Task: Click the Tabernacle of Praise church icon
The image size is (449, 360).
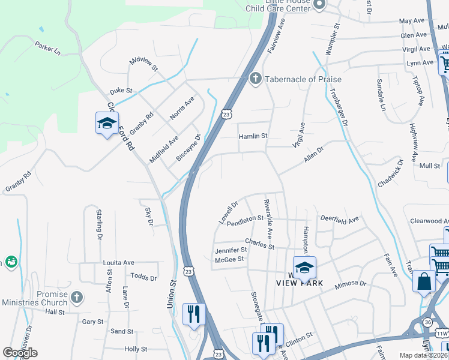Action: (x=255, y=79)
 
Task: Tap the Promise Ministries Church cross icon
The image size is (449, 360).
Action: (x=76, y=297)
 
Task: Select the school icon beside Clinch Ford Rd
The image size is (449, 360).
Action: (x=107, y=124)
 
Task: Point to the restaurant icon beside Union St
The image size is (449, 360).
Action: (x=194, y=314)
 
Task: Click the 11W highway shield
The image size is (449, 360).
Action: (x=442, y=333)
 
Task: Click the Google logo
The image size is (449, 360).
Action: (x=20, y=353)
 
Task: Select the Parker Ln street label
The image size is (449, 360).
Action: (x=48, y=48)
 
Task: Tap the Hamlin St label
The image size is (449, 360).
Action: (x=253, y=136)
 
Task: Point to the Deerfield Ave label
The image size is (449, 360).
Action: (x=339, y=219)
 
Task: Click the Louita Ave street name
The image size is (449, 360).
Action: (x=118, y=263)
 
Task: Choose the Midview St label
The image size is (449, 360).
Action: (x=143, y=64)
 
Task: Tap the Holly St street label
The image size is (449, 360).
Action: (x=136, y=349)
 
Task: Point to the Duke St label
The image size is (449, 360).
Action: (x=121, y=91)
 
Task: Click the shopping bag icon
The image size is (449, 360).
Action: (x=424, y=281)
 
